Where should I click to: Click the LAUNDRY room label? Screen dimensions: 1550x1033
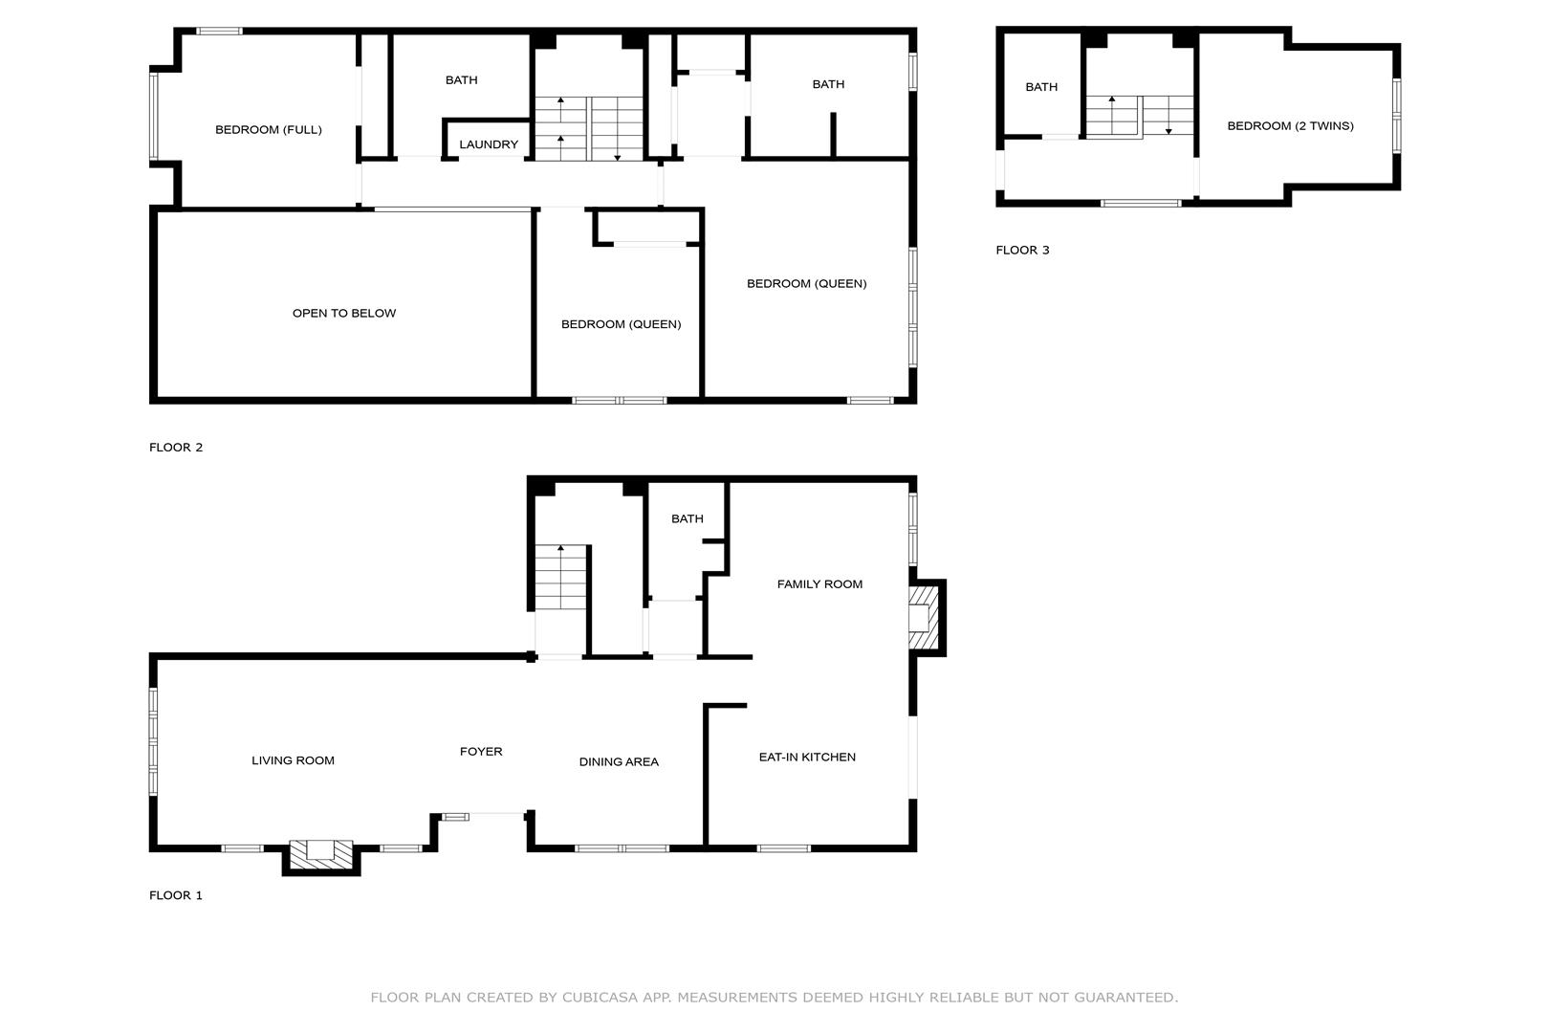point(489,144)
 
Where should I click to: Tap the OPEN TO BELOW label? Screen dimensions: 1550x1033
point(344,313)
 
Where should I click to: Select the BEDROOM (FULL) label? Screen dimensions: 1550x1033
point(269,129)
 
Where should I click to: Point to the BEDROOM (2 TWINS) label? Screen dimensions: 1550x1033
point(1291,125)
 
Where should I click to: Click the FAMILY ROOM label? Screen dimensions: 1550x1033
point(819,584)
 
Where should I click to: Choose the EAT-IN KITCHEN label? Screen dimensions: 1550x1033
point(807,757)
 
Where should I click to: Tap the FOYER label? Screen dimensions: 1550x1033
point(481,751)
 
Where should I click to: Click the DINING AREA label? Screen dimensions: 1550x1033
point(619,761)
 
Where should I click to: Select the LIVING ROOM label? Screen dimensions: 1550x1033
point(293,760)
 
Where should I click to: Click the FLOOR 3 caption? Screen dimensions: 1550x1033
point(1022,250)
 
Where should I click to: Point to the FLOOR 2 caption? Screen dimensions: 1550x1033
point(176,448)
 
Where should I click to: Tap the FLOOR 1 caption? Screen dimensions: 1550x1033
point(176,895)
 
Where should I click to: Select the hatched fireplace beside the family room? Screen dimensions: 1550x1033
point(924,618)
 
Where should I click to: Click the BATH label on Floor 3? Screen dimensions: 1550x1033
point(1041,86)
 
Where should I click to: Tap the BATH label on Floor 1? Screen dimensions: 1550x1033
point(688,518)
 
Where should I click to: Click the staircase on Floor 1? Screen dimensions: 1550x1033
point(560,578)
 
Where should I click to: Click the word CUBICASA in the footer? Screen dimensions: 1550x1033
point(600,997)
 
